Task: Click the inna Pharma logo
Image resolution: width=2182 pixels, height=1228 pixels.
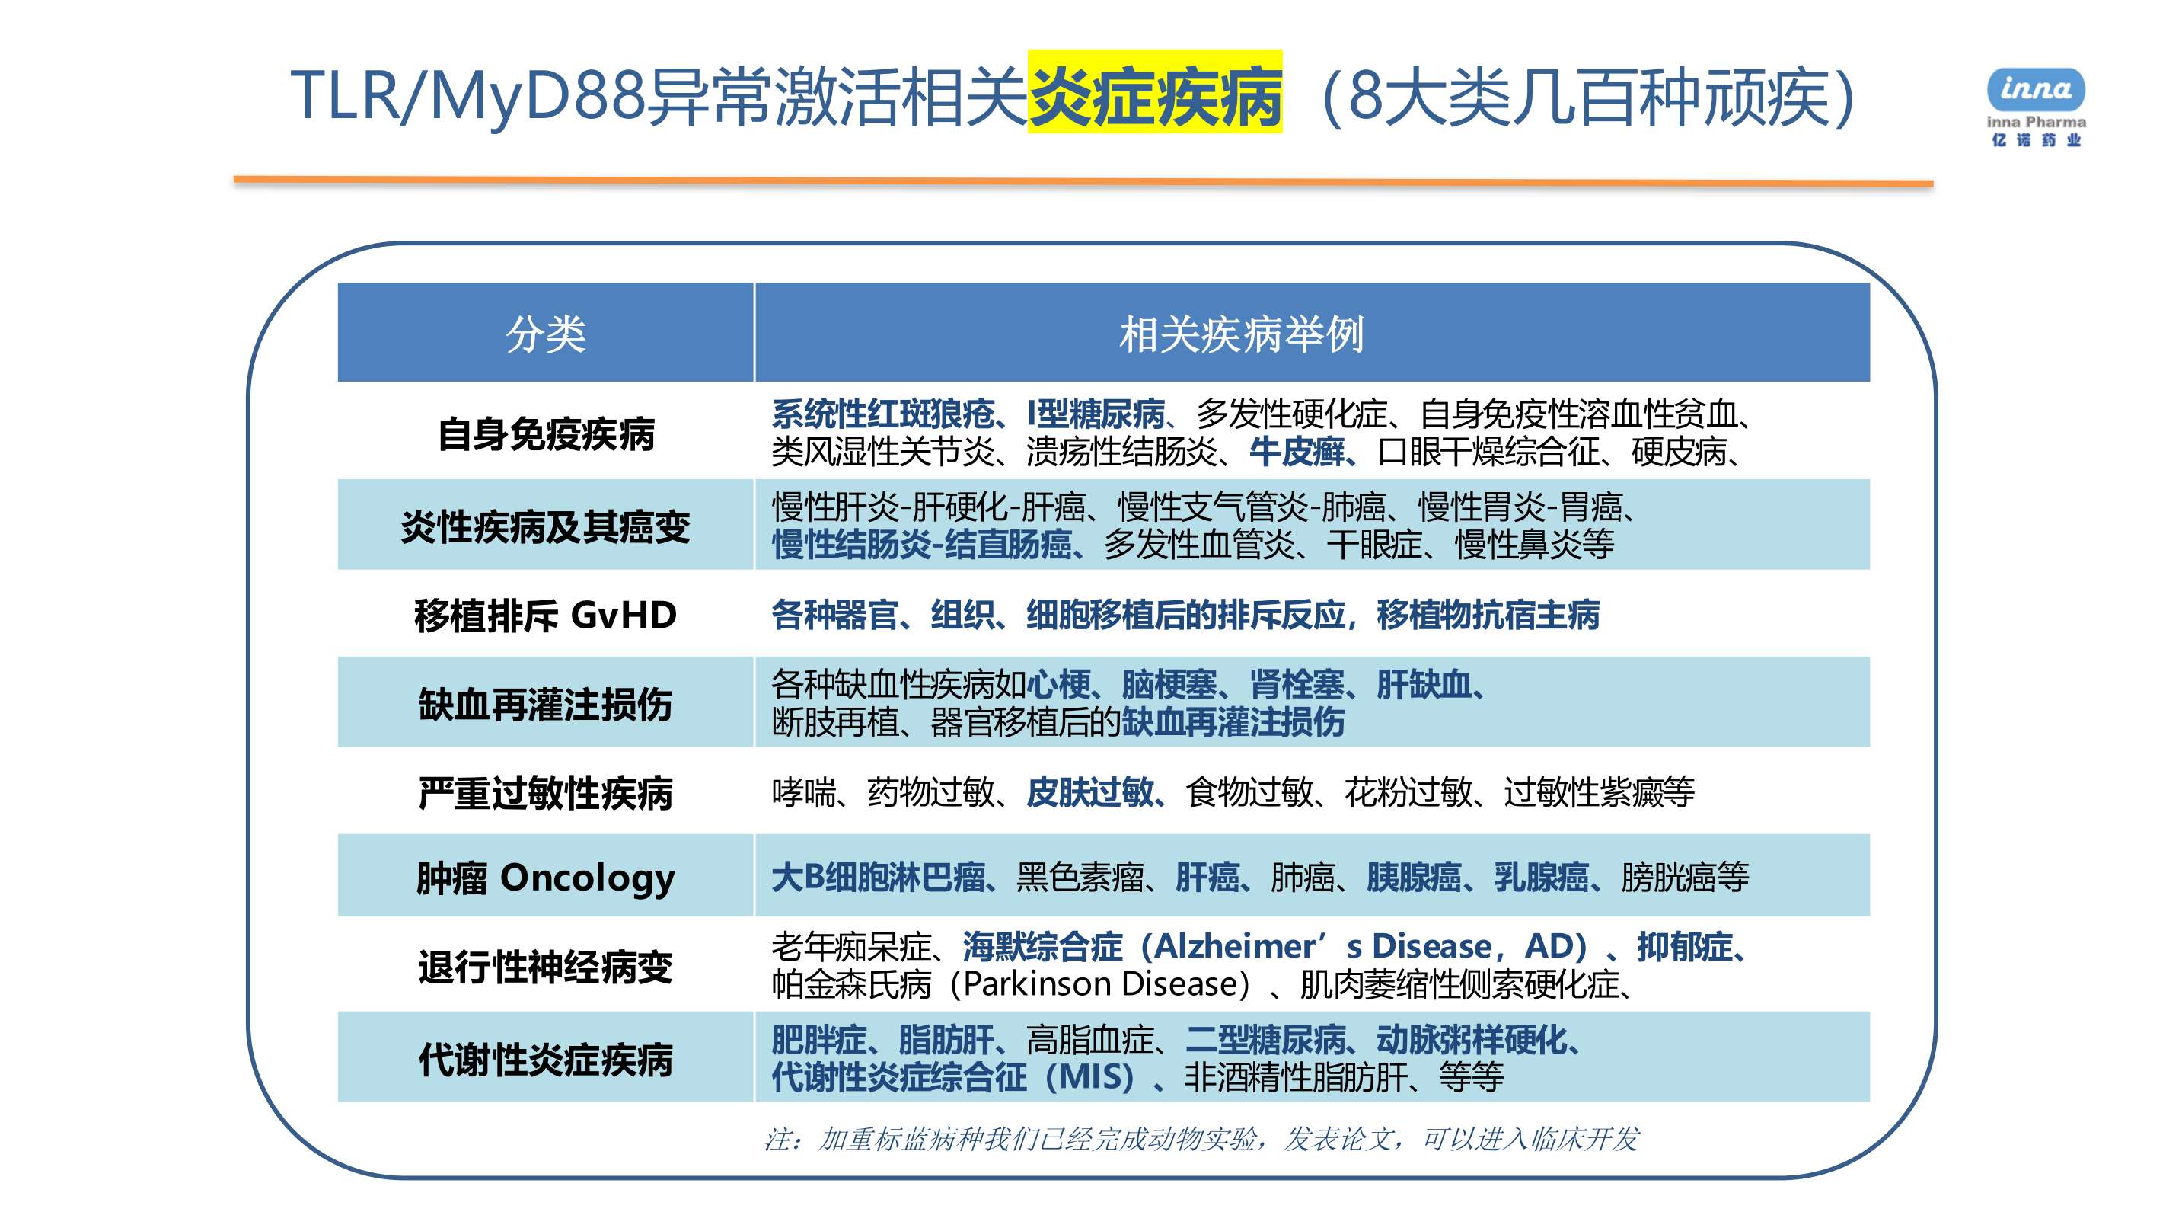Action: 2036,107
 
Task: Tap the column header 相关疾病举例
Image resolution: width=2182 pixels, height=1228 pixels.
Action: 1241,334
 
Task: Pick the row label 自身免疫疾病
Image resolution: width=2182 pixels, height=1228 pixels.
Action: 547,435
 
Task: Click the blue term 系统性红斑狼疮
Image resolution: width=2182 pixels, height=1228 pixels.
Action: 882,414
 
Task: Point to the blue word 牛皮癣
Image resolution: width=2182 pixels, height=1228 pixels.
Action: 1297,452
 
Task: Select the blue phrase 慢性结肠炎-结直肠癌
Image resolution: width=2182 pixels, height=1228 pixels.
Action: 921,544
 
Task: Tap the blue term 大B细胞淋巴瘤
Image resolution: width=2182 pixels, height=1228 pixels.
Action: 879,877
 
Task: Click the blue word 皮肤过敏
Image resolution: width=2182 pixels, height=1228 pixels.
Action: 1090,792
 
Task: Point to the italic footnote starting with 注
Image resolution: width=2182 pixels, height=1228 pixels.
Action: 1201,1139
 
